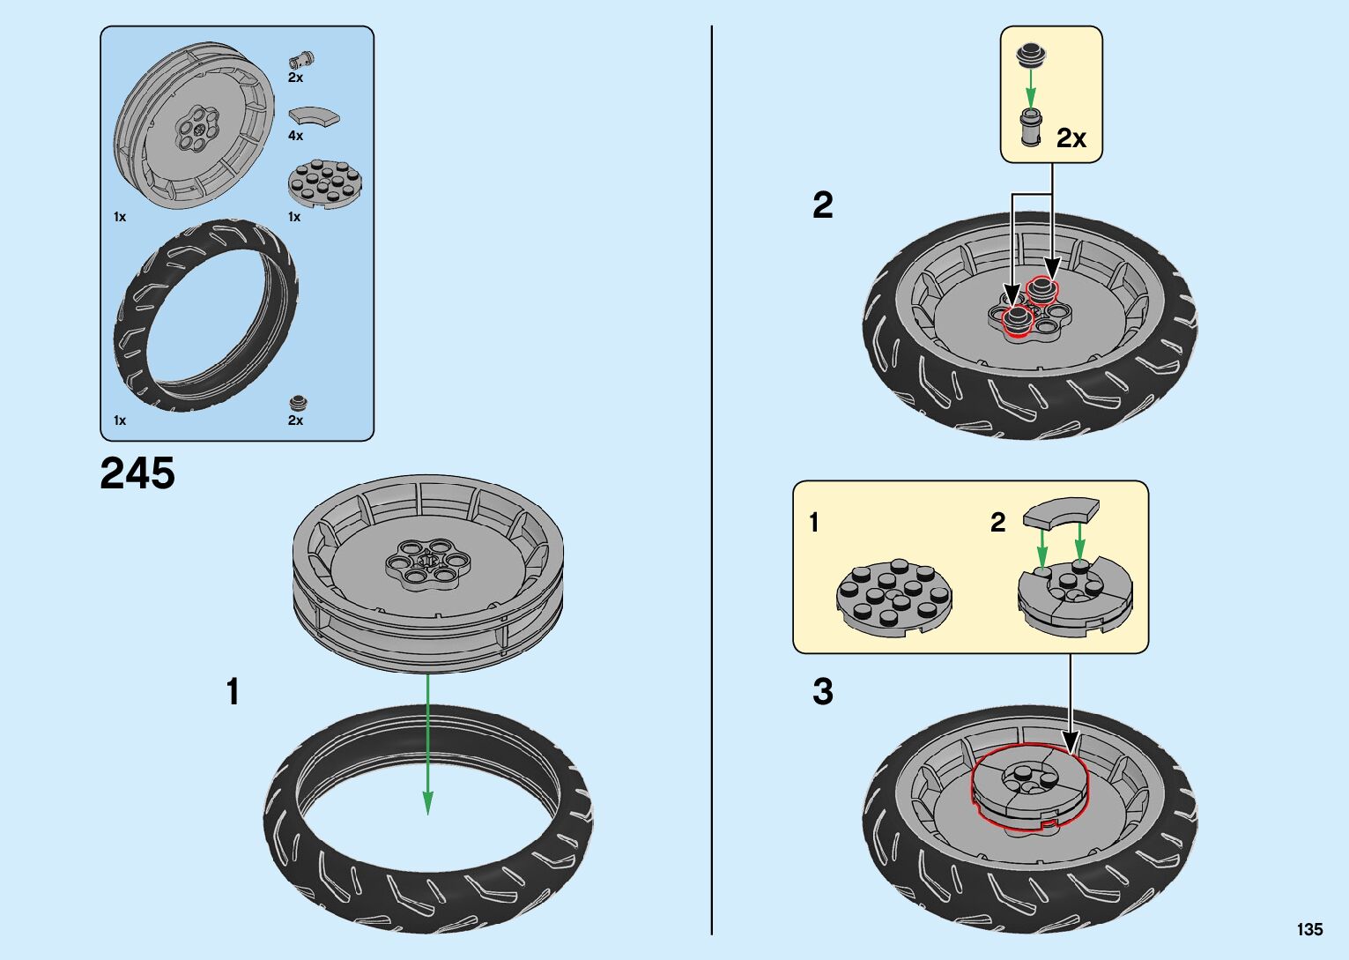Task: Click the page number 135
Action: pyautogui.click(x=1308, y=929)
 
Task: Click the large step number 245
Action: pyautogui.click(x=137, y=473)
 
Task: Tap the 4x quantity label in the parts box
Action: pyautogui.click(x=295, y=136)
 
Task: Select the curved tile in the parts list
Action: pyautogui.click(x=314, y=116)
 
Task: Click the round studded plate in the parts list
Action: pyautogui.click(x=325, y=183)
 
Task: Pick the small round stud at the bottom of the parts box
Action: pyautogui.click(x=300, y=404)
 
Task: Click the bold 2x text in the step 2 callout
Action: pyautogui.click(x=1071, y=138)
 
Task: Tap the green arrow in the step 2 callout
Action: pyautogui.click(x=1030, y=90)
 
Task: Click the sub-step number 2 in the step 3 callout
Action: pyautogui.click(x=997, y=523)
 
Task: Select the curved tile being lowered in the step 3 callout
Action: pyautogui.click(x=1061, y=513)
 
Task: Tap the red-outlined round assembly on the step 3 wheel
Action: pyautogui.click(x=1030, y=787)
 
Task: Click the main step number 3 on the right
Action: pyautogui.click(x=822, y=692)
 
